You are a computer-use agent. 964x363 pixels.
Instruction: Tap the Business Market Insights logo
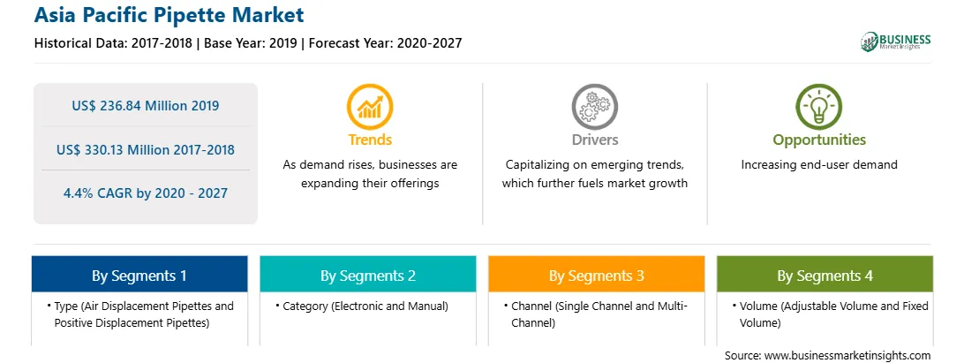click(896, 42)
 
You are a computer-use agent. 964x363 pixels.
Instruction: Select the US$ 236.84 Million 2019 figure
click(145, 106)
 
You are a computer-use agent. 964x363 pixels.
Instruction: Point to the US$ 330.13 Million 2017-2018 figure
click(145, 149)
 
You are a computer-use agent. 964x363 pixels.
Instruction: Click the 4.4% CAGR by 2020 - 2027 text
click(145, 193)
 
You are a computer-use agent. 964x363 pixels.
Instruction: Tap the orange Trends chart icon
click(370, 107)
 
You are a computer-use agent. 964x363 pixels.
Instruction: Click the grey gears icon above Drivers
click(594, 107)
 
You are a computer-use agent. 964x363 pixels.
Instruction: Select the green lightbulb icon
click(819, 107)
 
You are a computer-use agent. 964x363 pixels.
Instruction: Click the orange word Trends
click(370, 140)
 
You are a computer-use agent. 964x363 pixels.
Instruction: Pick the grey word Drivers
click(594, 140)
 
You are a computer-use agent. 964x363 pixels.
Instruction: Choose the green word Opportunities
click(819, 140)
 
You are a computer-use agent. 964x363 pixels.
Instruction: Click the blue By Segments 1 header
click(139, 275)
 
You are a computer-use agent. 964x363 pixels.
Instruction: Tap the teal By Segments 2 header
click(367, 275)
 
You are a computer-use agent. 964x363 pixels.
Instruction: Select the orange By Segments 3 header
click(597, 275)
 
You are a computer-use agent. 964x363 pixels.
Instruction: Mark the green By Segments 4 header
click(825, 275)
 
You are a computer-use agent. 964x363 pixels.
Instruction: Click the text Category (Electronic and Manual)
click(365, 306)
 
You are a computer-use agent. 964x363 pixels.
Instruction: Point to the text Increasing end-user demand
click(819, 165)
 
